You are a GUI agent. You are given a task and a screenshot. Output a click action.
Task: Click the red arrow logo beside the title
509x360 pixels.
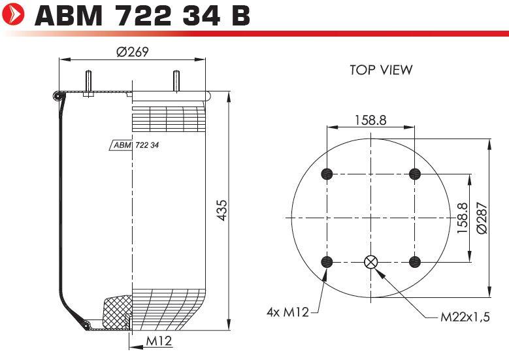(x=12, y=14)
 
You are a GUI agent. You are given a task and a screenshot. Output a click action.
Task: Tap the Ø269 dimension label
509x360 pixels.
(x=133, y=52)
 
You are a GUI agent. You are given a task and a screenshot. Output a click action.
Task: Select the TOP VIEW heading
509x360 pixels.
(x=381, y=70)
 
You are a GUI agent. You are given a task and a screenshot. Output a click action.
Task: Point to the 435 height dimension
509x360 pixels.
(x=222, y=210)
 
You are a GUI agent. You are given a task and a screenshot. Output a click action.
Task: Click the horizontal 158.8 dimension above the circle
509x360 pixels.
(x=370, y=120)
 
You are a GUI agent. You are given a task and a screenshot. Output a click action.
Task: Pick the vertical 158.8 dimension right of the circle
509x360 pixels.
(x=462, y=218)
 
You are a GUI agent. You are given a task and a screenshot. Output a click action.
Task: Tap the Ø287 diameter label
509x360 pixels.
(x=482, y=218)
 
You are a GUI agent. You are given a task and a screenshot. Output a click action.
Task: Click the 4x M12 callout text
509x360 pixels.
(x=287, y=312)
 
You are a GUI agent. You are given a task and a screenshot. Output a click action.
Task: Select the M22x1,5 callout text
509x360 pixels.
(x=465, y=316)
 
